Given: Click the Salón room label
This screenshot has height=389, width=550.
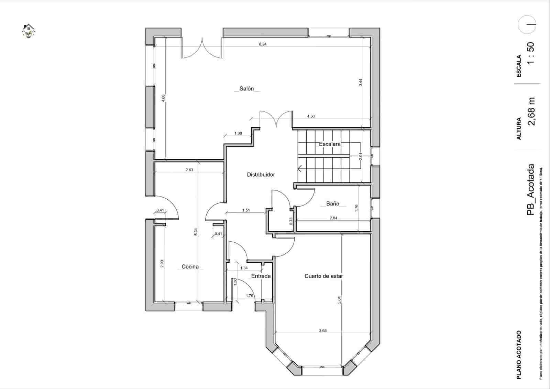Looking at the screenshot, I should click(x=246, y=88).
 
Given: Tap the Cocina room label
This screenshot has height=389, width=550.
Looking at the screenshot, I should click(x=190, y=266).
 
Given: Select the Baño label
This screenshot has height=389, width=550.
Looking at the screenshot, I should click(x=332, y=203).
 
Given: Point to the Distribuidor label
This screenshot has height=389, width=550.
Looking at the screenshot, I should click(x=261, y=175).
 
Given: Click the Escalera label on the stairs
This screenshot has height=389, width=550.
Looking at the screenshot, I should click(x=330, y=144).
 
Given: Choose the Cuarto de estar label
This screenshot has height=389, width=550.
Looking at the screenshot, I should click(x=323, y=276).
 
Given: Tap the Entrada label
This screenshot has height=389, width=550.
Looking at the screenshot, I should click(x=261, y=276).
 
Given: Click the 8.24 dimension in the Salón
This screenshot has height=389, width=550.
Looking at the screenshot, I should click(x=263, y=44).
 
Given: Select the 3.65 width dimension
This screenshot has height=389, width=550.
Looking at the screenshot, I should click(x=322, y=330).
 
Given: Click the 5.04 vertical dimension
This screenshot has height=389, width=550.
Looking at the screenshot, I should click(x=339, y=300).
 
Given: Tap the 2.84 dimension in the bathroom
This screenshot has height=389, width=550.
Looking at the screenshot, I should click(x=333, y=218).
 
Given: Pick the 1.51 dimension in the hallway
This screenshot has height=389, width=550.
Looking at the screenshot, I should click(x=246, y=210).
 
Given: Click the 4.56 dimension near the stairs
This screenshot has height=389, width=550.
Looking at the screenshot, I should click(x=311, y=116).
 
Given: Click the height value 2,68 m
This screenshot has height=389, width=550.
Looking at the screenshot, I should click(x=531, y=112).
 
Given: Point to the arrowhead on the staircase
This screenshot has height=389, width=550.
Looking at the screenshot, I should click(x=300, y=169).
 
